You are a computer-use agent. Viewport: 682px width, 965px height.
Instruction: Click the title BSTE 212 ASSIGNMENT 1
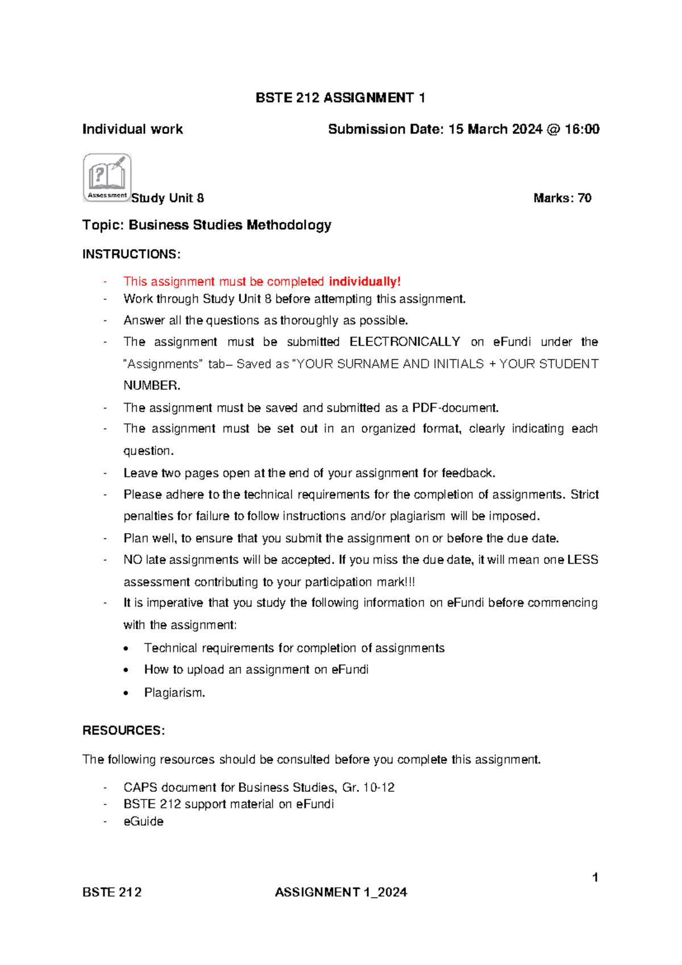[340, 98]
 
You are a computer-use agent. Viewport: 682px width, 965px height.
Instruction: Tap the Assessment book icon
[107, 177]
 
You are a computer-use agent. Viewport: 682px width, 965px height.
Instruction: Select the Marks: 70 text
[562, 198]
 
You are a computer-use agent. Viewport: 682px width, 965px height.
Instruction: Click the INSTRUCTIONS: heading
[131, 254]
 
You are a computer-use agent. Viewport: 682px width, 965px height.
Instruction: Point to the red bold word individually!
[364, 282]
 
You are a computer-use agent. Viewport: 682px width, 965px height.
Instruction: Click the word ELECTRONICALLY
[404, 342]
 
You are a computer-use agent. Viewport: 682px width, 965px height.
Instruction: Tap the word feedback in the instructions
[468, 473]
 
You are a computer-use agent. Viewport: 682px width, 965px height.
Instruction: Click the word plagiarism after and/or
[417, 516]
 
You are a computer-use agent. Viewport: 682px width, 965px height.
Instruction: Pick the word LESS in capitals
[583, 560]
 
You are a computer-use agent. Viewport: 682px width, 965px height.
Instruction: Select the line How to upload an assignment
[256, 670]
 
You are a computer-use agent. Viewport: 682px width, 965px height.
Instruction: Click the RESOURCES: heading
[123, 731]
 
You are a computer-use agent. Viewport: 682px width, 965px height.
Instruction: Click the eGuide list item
[143, 822]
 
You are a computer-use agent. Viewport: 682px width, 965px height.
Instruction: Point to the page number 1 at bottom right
[594, 877]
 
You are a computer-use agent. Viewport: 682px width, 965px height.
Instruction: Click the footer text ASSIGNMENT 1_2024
[340, 892]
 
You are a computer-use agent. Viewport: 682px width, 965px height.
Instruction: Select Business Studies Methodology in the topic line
[230, 225]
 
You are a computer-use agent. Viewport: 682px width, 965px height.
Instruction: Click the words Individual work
[132, 129]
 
